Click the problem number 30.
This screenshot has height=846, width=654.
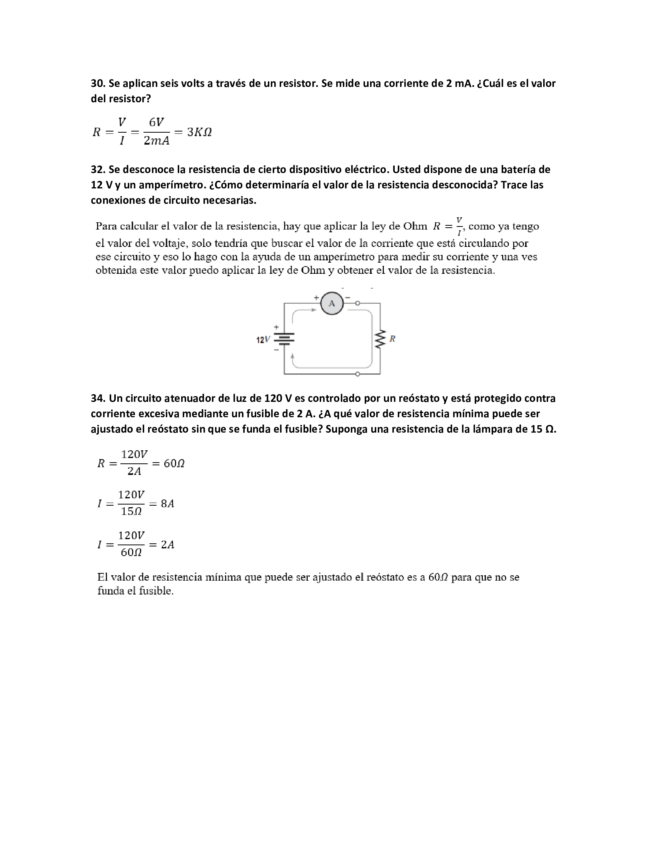click(x=98, y=83)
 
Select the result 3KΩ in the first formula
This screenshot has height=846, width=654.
click(x=199, y=133)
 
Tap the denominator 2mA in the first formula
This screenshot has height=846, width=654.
click(x=157, y=141)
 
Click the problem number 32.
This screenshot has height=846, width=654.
click(x=98, y=170)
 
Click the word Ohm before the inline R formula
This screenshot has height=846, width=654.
click(x=415, y=226)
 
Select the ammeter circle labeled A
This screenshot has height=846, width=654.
click(x=332, y=303)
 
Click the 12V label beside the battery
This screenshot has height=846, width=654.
click(x=263, y=340)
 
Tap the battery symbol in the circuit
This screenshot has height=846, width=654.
click(x=284, y=339)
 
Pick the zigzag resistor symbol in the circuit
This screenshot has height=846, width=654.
click(x=380, y=339)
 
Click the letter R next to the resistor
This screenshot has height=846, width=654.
click(x=392, y=339)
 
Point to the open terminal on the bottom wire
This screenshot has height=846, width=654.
click(x=358, y=374)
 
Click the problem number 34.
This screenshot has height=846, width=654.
click(x=98, y=398)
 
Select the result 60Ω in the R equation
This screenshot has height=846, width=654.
click(x=174, y=463)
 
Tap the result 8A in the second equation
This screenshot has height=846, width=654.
click(x=167, y=504)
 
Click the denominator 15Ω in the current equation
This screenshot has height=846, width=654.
click(x=131, y=512)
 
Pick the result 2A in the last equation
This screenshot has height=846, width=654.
click(x=167, y=545)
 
